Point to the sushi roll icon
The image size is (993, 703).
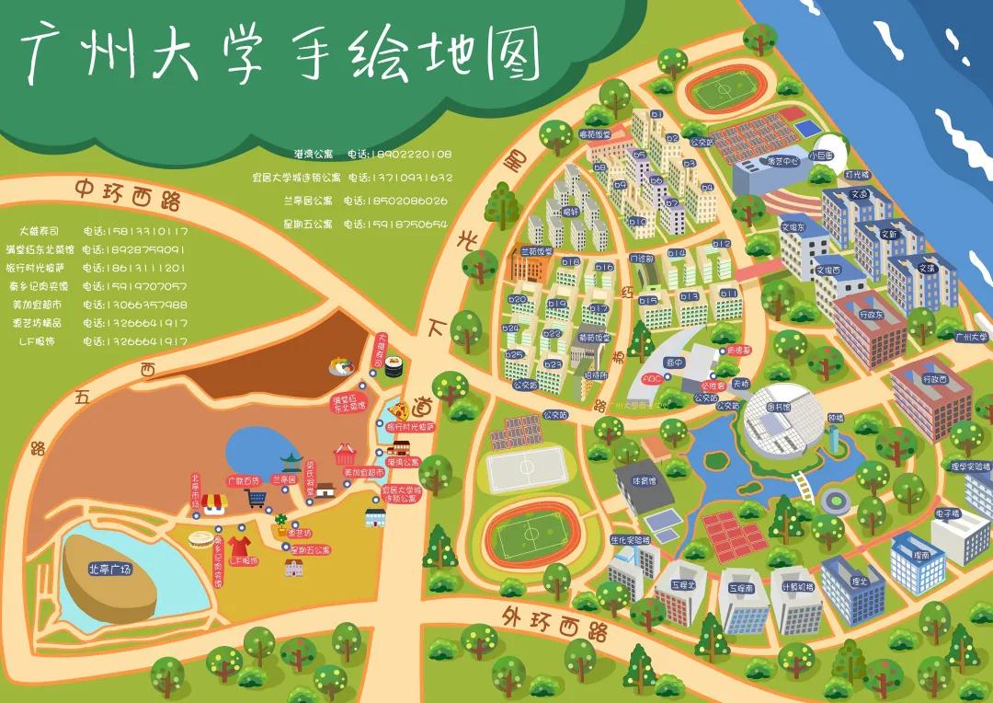[394, 366]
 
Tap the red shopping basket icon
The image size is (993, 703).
[345, 453]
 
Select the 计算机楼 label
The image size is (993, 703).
[796, 585]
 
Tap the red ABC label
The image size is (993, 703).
[651, 378]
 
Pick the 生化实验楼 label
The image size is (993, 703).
[630, 540]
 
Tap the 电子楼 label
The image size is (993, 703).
[947, 513]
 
